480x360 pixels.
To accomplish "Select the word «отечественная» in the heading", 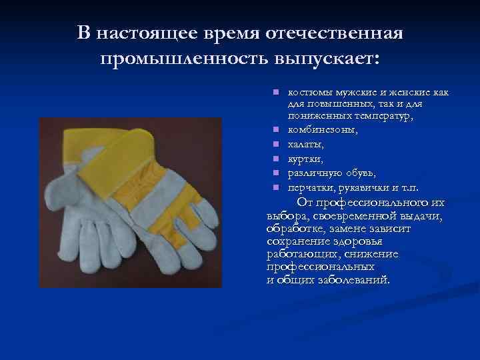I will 335,33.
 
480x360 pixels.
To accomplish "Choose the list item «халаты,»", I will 306,144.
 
